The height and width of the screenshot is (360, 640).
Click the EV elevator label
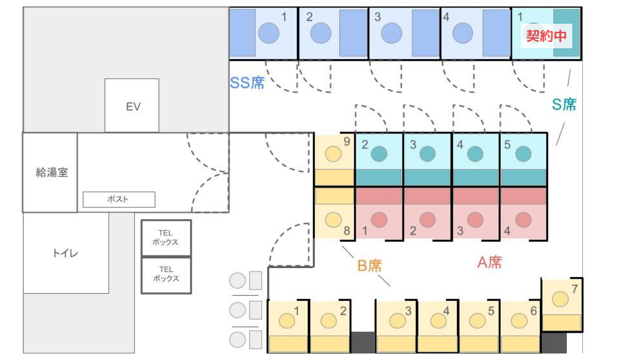(x=133, y=107)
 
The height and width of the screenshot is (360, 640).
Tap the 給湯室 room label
(x=52, y=172)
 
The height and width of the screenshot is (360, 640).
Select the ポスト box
(x=119, y=199)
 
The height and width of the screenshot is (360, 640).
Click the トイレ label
(x=65, y=253)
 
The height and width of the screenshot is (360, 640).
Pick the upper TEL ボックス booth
(x=166, y=238)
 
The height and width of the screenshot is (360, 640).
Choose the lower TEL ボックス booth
(x=166, y=274)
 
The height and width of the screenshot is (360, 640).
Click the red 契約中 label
(x=546, y=36)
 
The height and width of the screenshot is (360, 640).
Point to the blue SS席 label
(x=247, y=83)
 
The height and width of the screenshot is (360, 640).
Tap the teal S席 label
(x=564, y=104)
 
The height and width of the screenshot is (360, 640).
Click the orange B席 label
(x=369, y=266)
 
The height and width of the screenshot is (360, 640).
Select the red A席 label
(x=489, y=262)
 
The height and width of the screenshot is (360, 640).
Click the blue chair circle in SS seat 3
(x=391, y=33)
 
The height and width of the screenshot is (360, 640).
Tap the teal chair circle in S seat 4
(x=475, y=154)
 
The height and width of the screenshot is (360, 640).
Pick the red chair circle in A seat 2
(x=427, y=220)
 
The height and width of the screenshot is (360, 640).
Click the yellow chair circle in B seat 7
(x=560, y=299)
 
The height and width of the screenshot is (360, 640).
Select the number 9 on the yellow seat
(x=347, y=141)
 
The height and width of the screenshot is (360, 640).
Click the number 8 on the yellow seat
(x=347, y=231)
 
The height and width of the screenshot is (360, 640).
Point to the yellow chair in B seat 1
(x=287, y=321)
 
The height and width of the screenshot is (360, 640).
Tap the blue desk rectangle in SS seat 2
(x=353, y=33)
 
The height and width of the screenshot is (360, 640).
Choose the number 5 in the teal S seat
(x=507, y=145)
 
